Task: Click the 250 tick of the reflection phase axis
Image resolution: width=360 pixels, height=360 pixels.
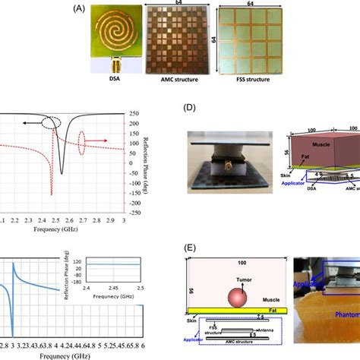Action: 152,115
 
